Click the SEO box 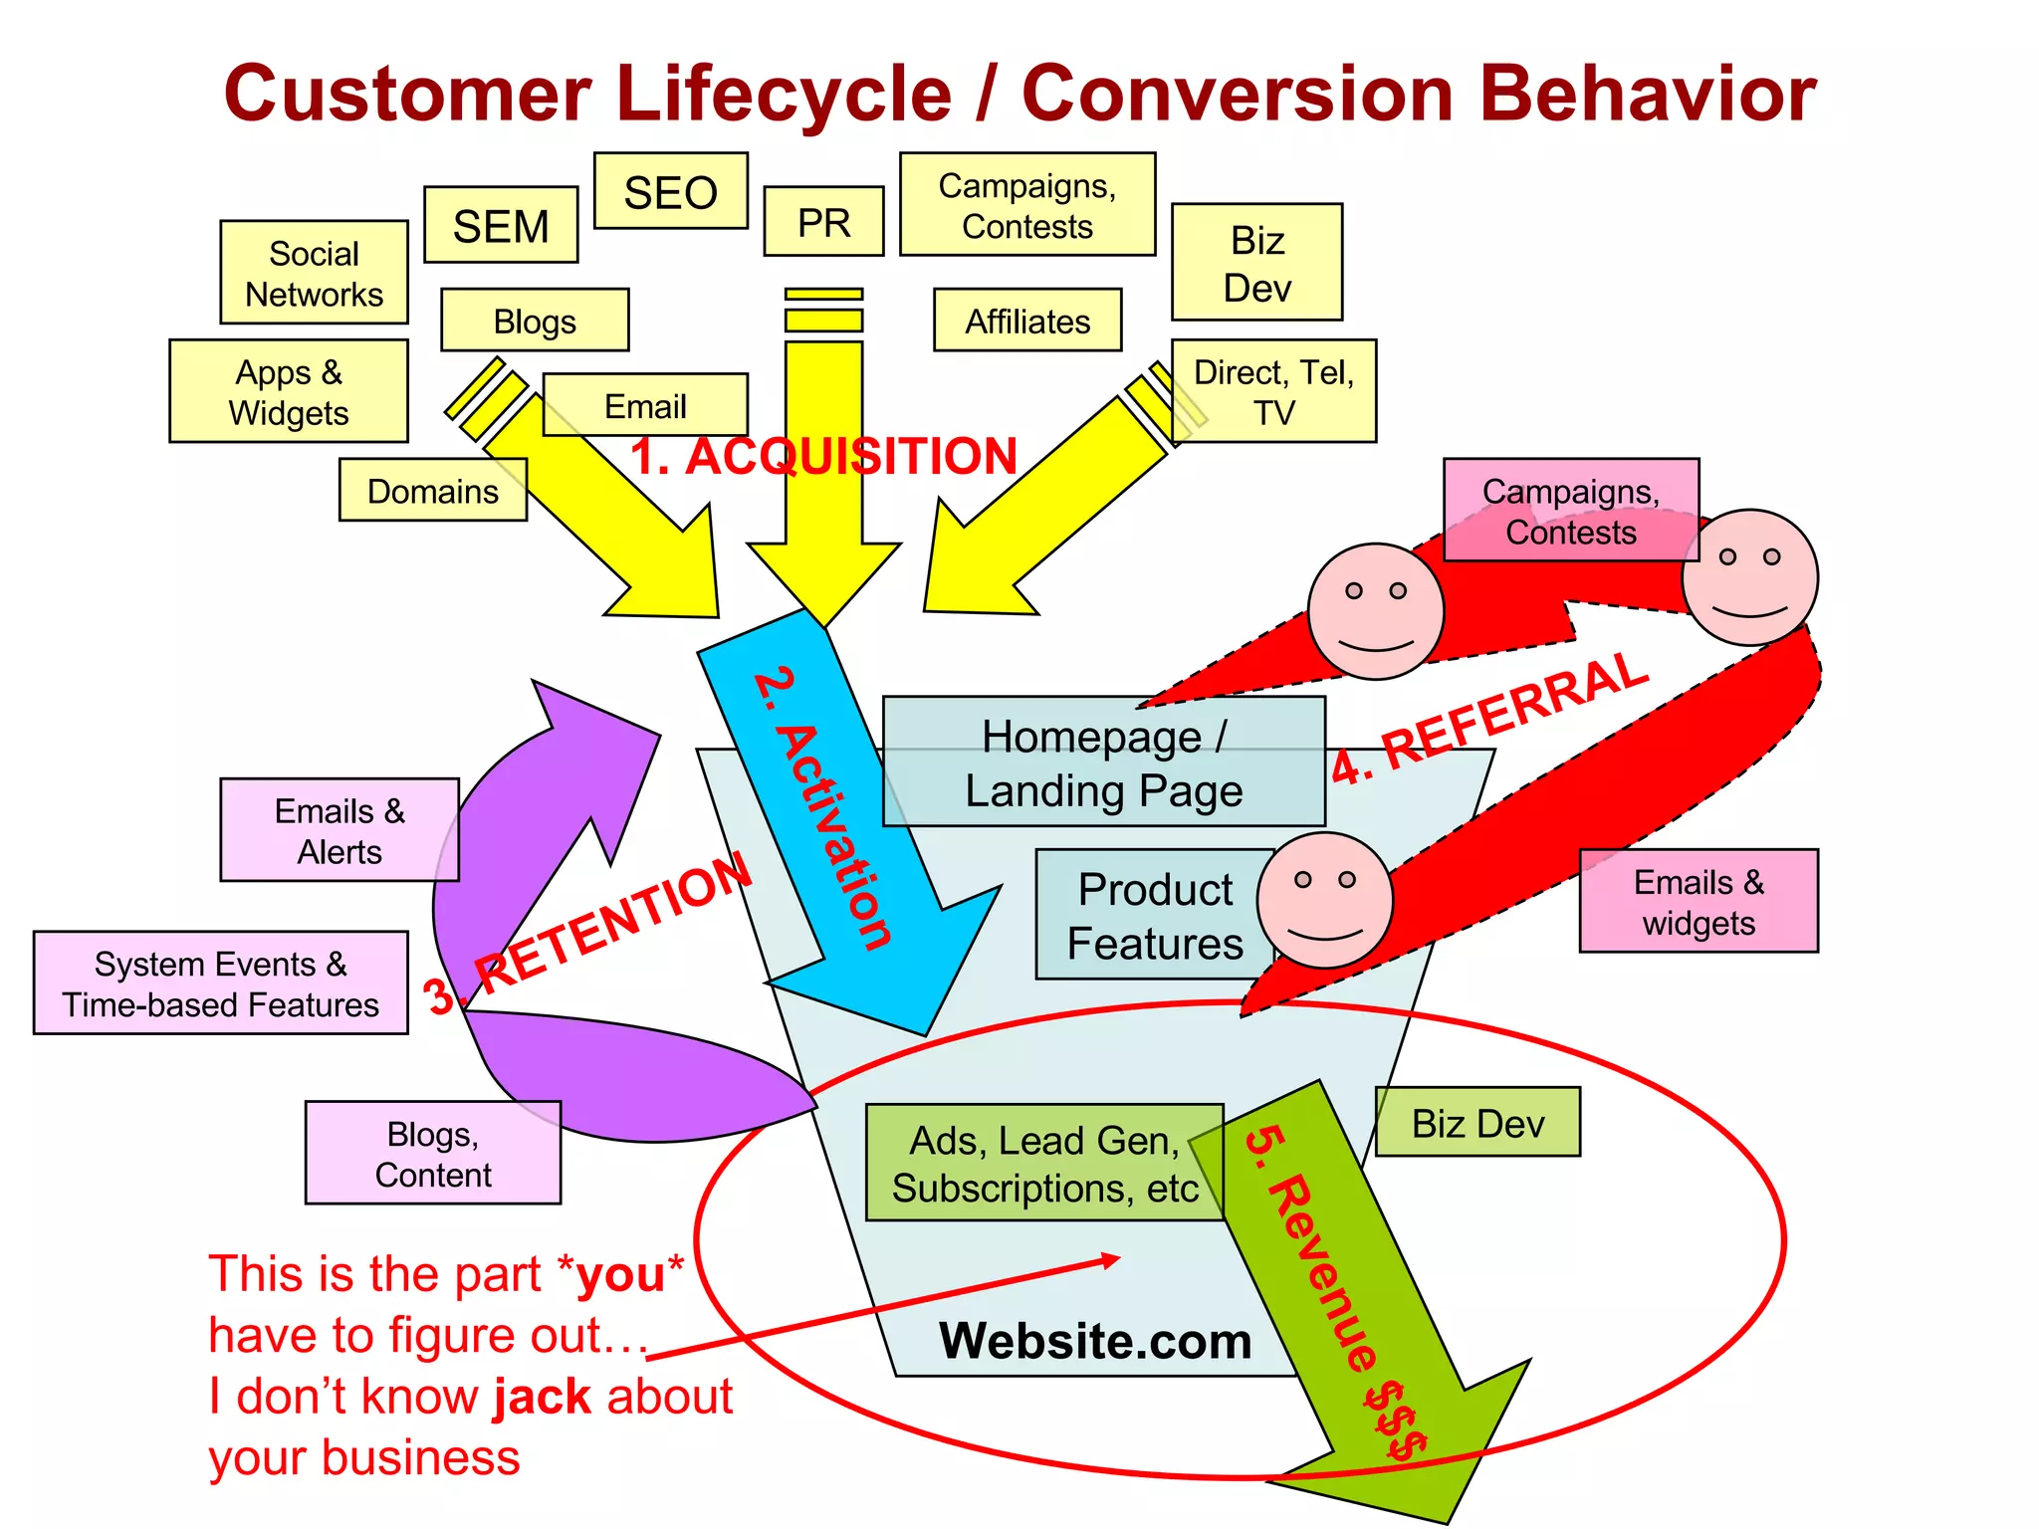tap(670, 191)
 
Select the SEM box tap(501, 225)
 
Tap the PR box tap(823, 222)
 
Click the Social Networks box tap(314, 273)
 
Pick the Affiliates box tap(1027, 321)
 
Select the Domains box tap(432, 490)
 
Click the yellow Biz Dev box tap(1256, 263)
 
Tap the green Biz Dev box tap(1477, 1123)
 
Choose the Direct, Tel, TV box tap(1273, 391)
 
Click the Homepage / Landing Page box tap(1103, 763)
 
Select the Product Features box tap(1154, 915)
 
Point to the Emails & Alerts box tap(340, 830)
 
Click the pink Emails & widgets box tap(1699, 901)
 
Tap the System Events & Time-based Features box tap(220, 983)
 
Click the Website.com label tap(1095, 1341)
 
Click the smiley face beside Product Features tap(1324, 900)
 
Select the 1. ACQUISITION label tap(823, 456)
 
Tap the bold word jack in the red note tap(543, 1397)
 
